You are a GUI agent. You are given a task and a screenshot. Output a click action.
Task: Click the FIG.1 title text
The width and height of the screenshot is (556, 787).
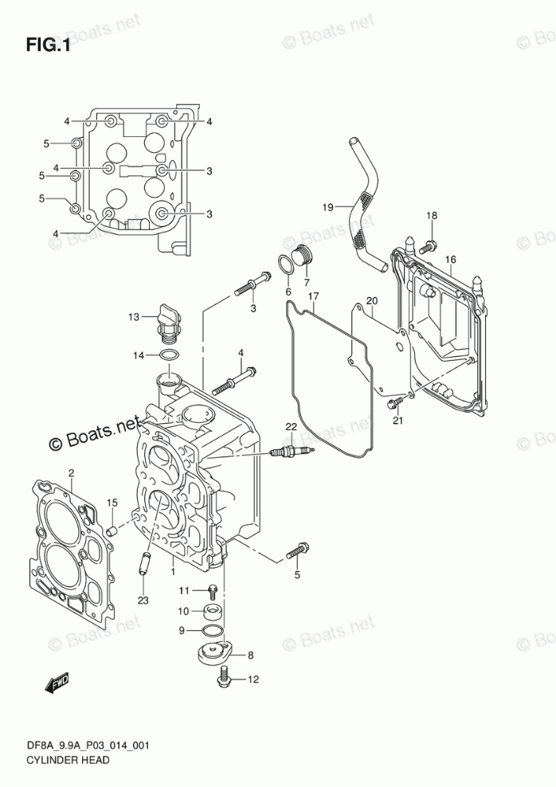click(x=48, y=45)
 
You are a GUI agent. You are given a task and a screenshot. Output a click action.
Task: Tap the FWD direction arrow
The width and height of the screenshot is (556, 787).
click(x=57, y=683)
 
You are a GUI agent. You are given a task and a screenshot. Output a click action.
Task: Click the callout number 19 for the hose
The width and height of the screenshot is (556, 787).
click(x=327, y=207)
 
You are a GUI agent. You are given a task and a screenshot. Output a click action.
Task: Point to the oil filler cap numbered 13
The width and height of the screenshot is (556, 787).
click(x=168, y=322)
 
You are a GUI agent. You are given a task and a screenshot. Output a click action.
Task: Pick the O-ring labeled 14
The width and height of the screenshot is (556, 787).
click(x=169, y=355)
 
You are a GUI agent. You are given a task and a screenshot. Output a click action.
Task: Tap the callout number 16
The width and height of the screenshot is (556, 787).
click(x=450, y=259)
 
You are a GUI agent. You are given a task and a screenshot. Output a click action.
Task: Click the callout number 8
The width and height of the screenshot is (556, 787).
click(x=250, y=655)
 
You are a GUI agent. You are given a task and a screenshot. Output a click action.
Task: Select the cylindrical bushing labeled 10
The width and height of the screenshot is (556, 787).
click(x=213, y=612)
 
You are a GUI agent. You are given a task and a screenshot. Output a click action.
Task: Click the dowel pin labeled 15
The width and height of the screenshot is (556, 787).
click(x=113, y=531)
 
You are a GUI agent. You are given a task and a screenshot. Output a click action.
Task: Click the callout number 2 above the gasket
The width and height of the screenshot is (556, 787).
click(x=71, y=472)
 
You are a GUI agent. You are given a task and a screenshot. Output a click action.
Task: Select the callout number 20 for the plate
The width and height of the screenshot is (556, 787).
click(x=372, y=300)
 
